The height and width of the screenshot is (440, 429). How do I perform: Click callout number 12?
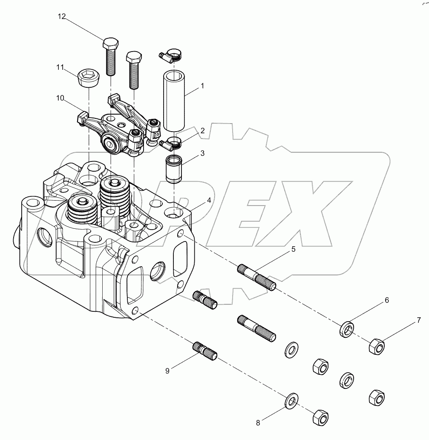tap(62, 17)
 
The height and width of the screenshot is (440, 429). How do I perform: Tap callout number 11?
tap(60, 67)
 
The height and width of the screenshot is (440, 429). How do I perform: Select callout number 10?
tap(60, 98)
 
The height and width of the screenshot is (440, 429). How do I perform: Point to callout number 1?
tap(202, 86)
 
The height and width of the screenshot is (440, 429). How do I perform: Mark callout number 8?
tap(258, 423)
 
